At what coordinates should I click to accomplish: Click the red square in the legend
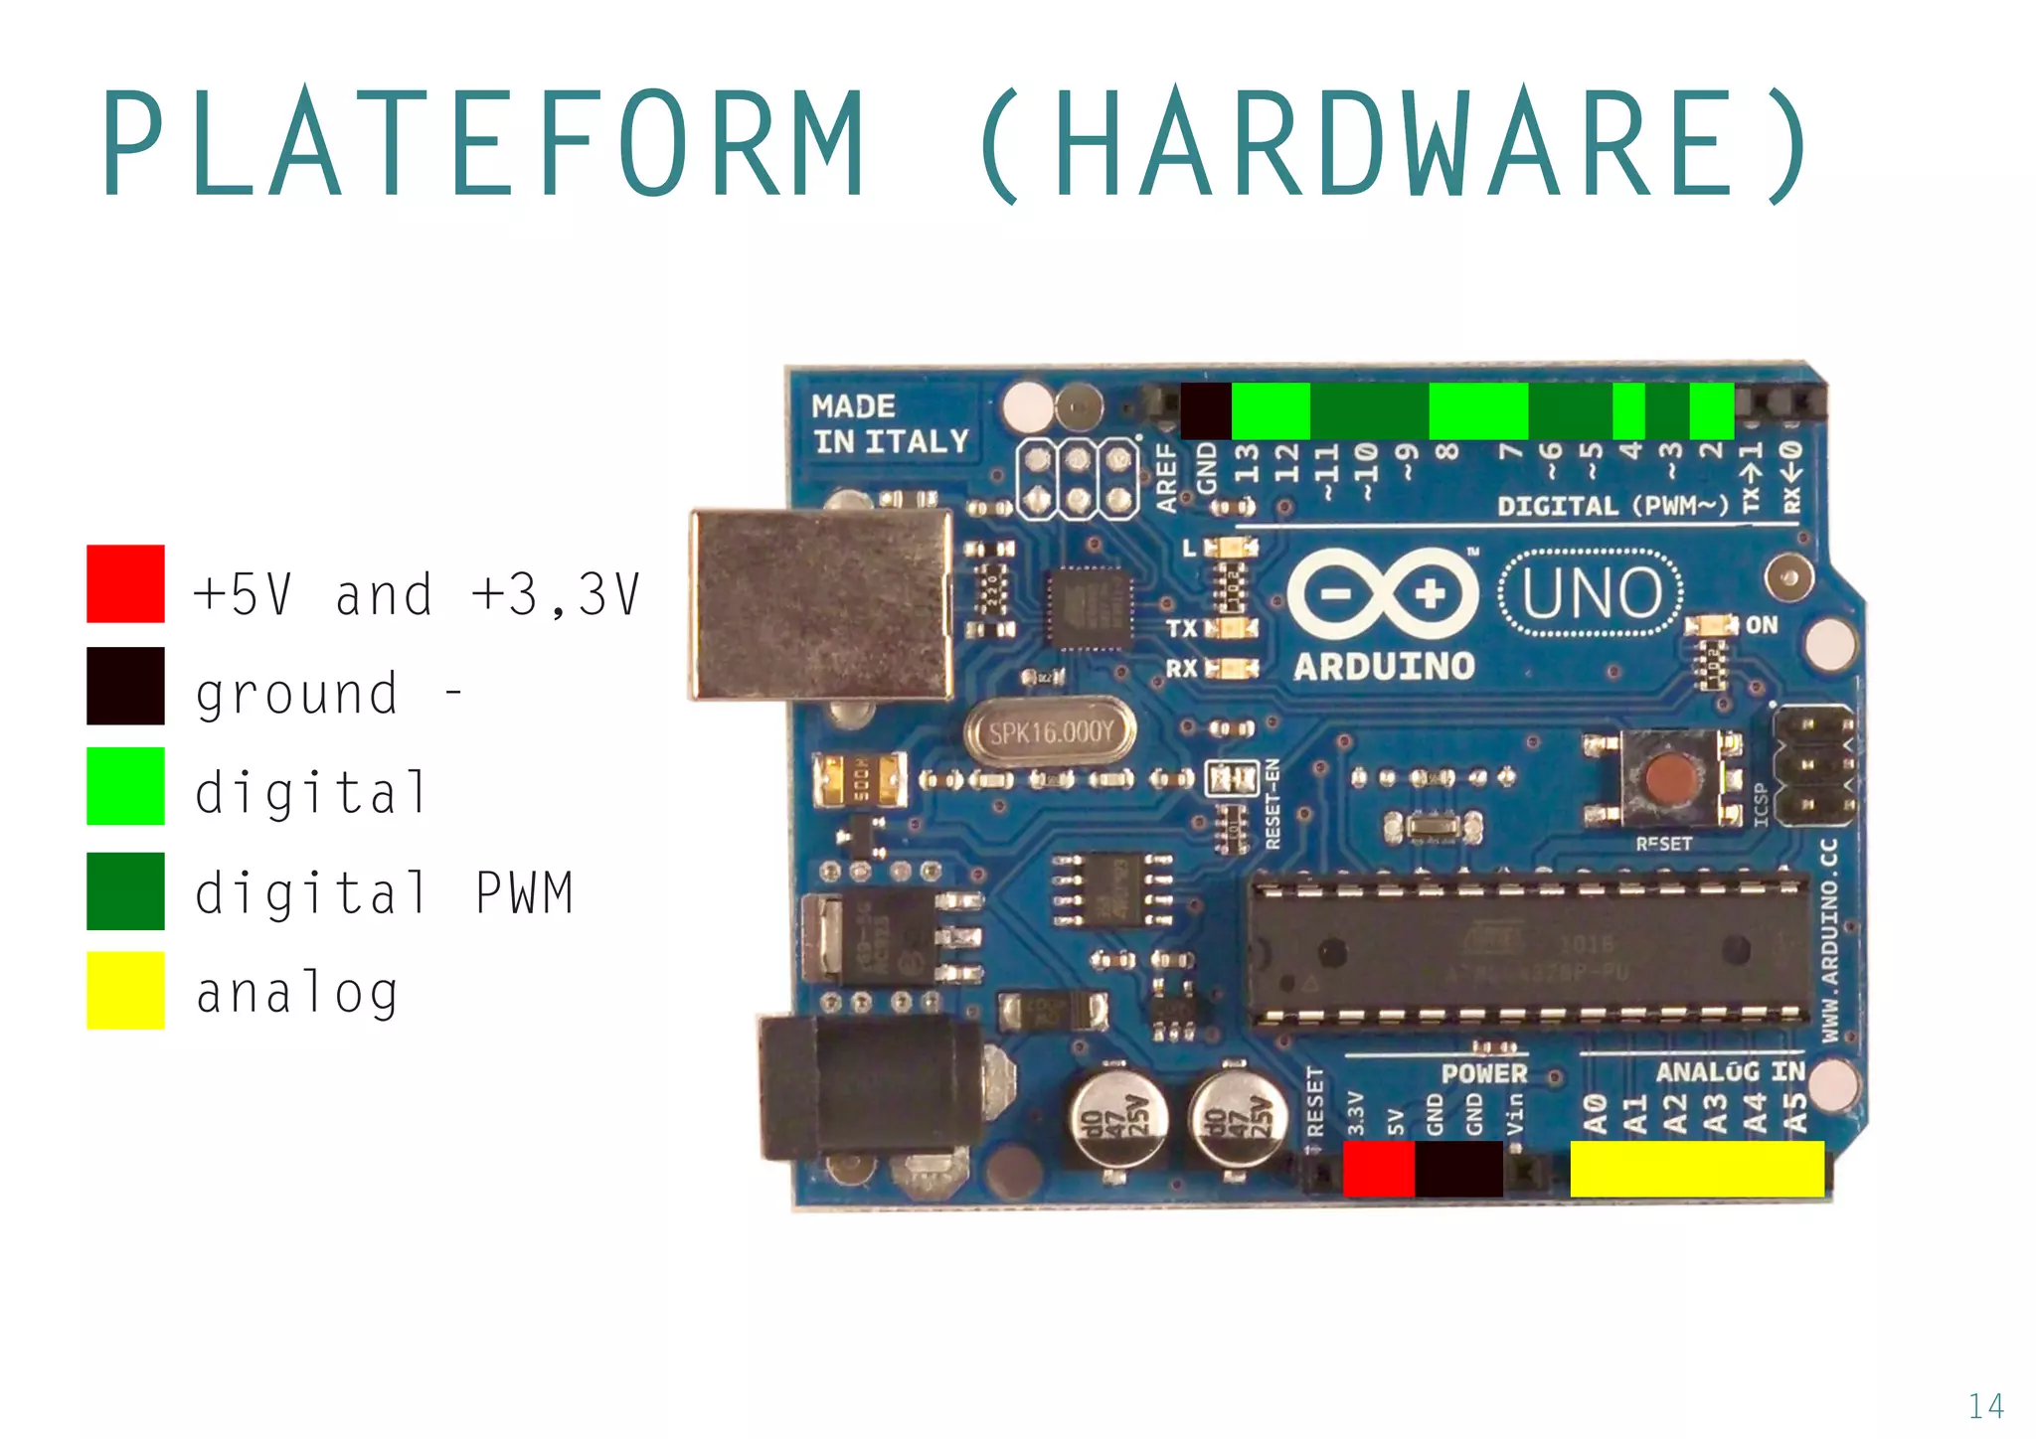[125, 583]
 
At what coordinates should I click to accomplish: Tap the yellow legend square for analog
[125, 990]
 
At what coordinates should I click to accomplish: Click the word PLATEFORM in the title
[483, 144]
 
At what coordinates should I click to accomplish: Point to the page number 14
[1985, 1405]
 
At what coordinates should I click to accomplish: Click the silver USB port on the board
[821, 604]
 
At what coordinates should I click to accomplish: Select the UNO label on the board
[1591, 593]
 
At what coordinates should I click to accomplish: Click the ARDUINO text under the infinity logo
[1384, 667]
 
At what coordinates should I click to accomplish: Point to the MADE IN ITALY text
[889, 424]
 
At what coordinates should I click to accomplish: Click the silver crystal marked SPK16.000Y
[1050, 733]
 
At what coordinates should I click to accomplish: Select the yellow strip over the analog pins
[1696, 1169]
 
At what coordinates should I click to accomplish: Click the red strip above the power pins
[1378, 1169]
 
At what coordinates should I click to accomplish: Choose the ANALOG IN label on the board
[1730, 1071]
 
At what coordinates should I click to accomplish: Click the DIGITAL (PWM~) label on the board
[1612, 506]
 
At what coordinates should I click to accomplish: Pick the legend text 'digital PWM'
[384, 892]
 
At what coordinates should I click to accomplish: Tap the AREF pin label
[1166, 477]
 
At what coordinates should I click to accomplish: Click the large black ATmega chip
[1529, 948]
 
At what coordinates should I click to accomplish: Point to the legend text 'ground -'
[328, 693]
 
